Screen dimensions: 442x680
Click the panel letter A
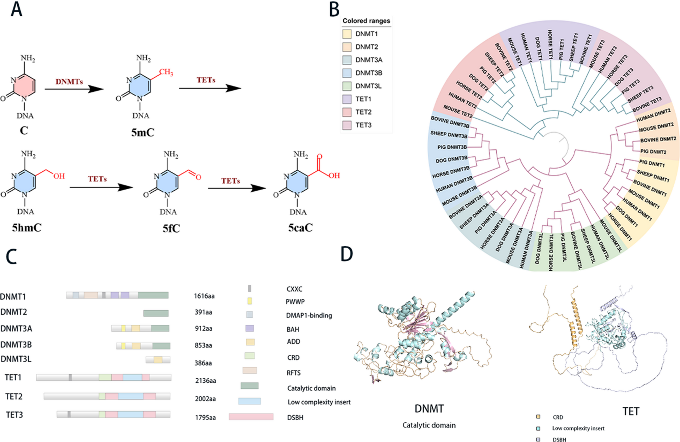click(16, 9)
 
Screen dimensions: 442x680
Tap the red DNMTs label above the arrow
click(69, 81)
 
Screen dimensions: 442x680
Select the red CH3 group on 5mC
click(166, 72)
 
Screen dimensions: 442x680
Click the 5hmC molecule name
click(27, 228)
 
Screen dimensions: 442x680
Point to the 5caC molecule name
click(300, 228)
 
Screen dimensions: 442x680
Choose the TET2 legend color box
click(347, 112)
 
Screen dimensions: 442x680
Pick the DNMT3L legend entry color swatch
click(347, 86)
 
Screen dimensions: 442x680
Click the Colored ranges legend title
click(366, 21)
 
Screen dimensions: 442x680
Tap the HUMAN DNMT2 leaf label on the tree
click(653, 115)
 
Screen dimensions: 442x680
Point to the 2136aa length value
click(206, 381)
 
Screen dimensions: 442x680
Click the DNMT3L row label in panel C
click(16, 359)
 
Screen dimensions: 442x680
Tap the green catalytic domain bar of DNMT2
click(156, 313)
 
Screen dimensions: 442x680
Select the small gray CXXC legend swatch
click(250, 288)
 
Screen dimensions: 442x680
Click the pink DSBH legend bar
click(251, 417)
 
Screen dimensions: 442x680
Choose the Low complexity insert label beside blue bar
click(319, 402)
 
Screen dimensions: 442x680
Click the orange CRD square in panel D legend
click(538, 417)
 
